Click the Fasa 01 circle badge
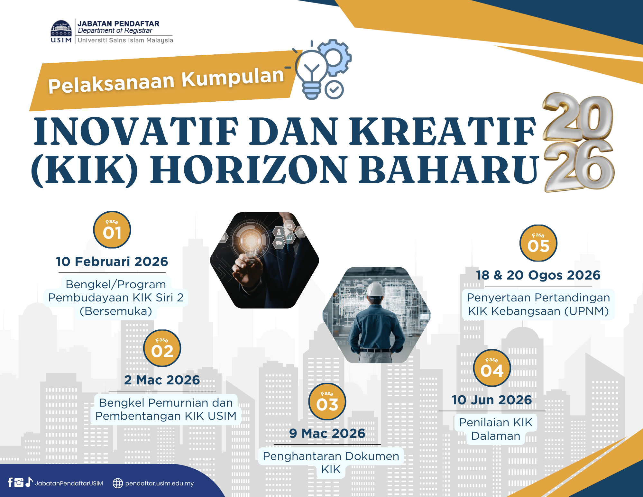[x=112, y=230]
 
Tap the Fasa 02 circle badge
[x=162, y=348]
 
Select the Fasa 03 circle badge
[x=327, y=401]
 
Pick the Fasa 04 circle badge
[x=492, y=368]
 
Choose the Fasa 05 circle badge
[x=538, y=243]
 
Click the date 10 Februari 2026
[x=112, y=262]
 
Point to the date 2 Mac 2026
[x=162, y=380]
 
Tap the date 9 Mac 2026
[x=327, y=433]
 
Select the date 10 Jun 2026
[x=492, y=400]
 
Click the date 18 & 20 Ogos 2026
[x=538, y=275]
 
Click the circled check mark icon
[x=334, y=90]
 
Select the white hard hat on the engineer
[x=376, y=289]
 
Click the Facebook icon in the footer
[x=10, y=483]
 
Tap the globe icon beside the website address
[x=118, y=483]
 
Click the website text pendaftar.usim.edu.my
[x=160, y=483]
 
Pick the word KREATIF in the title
[x=443, y=131]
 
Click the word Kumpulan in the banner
[x=233, y=78]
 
